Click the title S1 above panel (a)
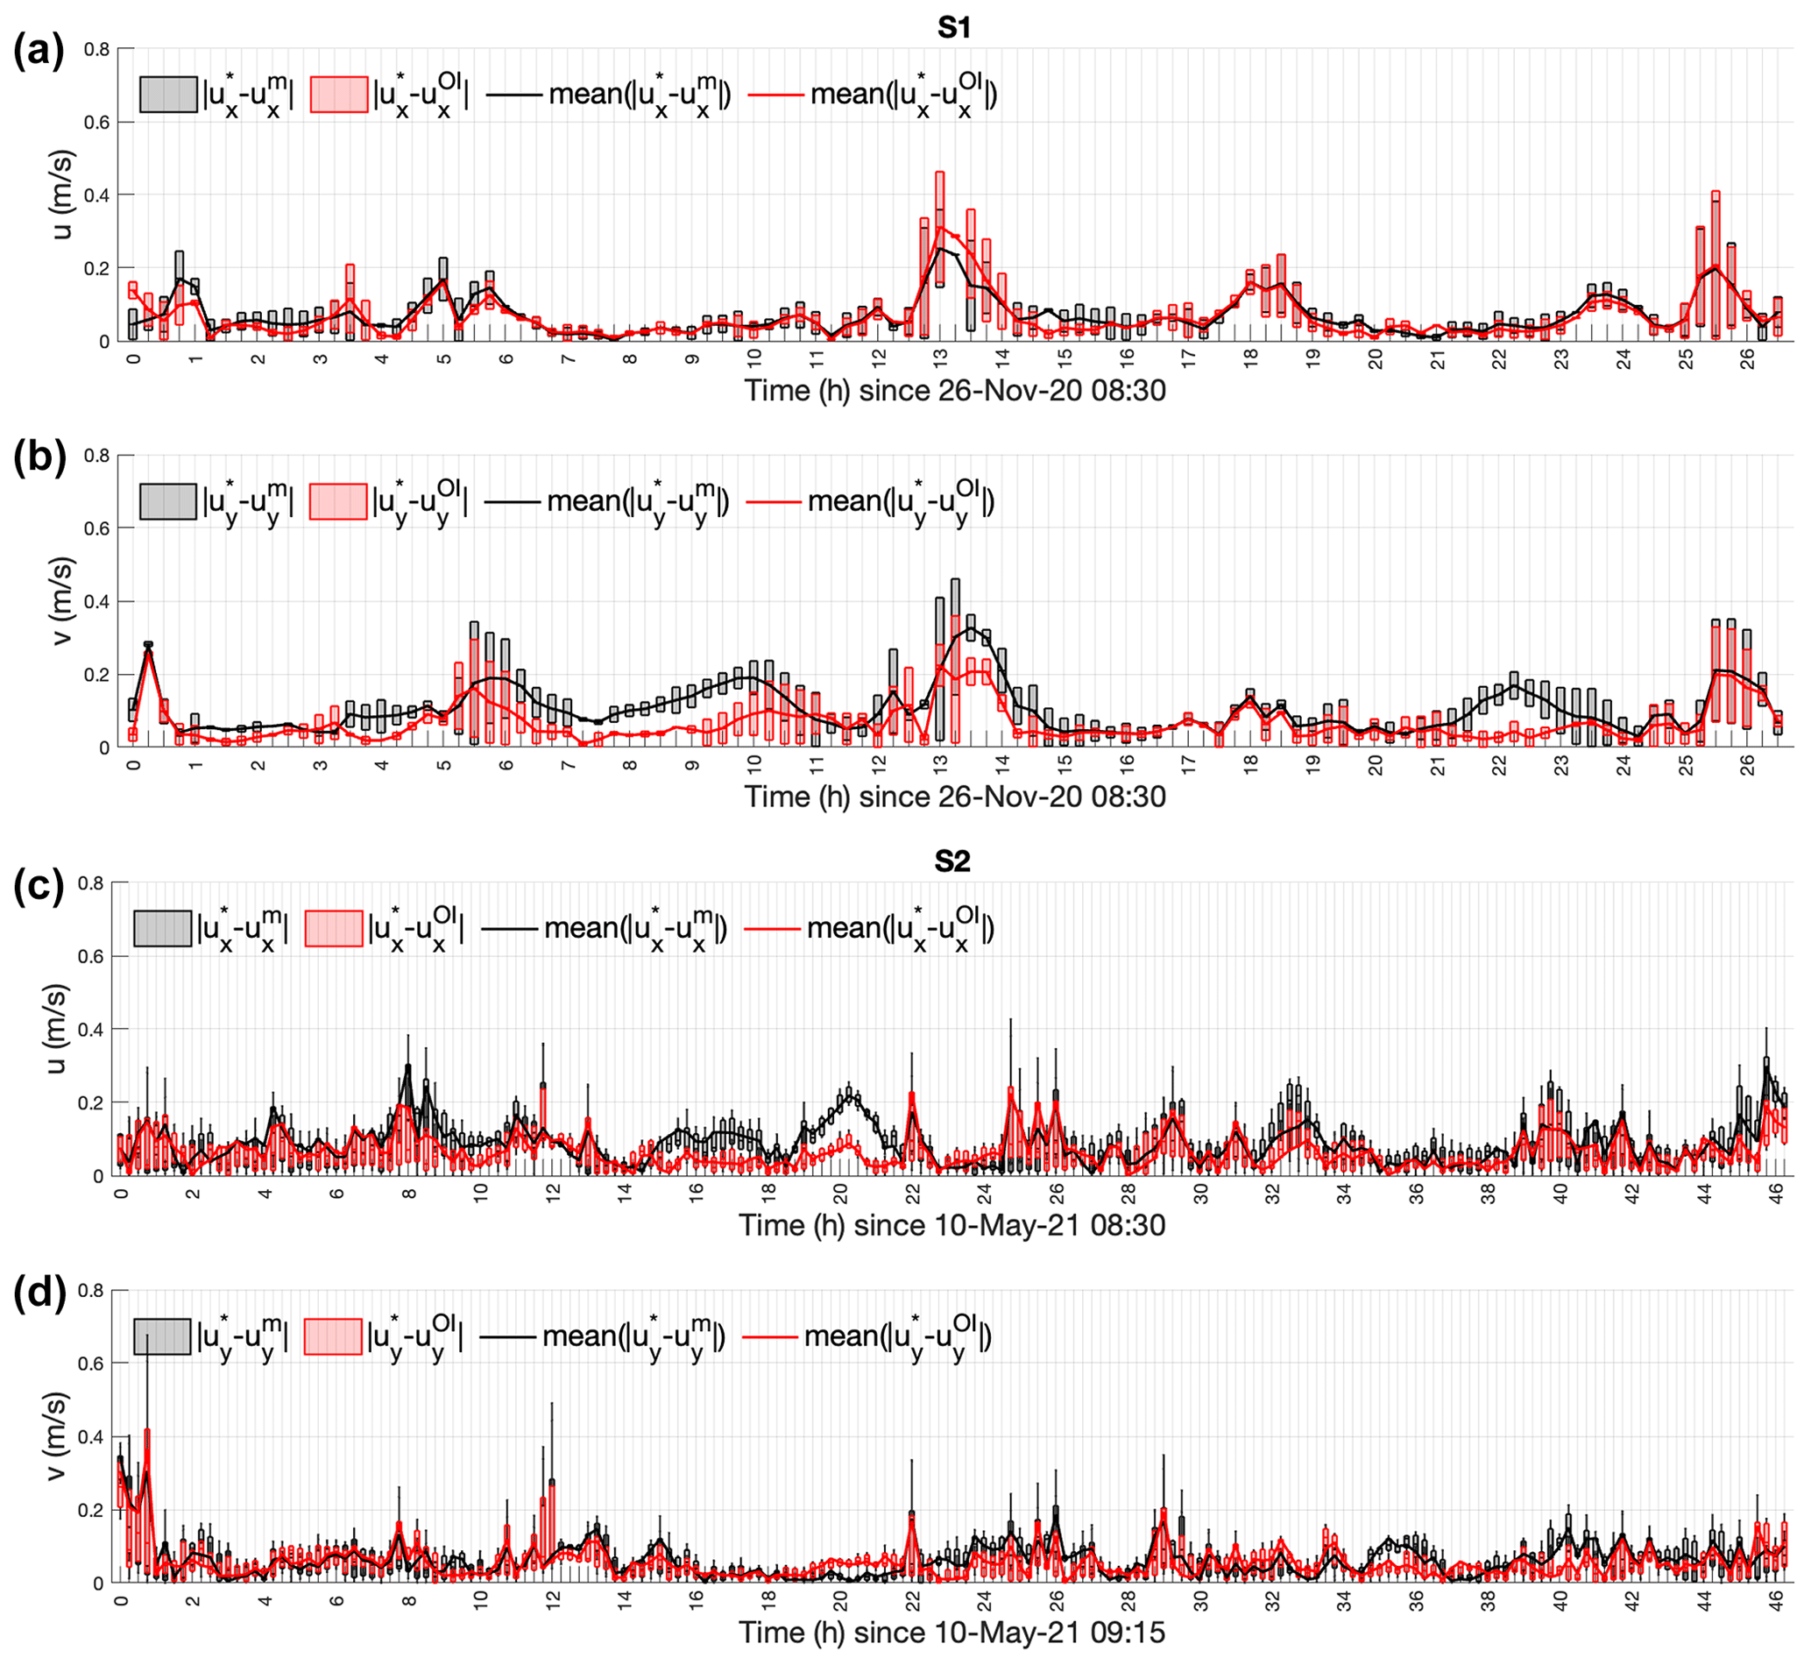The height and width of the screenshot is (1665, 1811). (x=953, y=28)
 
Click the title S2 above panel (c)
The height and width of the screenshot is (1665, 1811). (x=951, y=861)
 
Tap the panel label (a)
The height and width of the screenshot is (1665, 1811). (x=39, y=51)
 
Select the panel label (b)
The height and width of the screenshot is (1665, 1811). (x=39, y=457)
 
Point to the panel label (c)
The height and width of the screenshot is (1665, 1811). (x=39, y=886)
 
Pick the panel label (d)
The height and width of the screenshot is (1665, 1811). (x=39, y=1293)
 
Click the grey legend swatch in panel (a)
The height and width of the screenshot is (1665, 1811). (x=168, y=94)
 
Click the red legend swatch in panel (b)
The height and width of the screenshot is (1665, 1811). (x=338, y=501)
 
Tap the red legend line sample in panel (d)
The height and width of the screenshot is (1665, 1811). (x=770, y=1336)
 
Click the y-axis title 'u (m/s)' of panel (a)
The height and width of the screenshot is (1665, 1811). (x=61, y=195)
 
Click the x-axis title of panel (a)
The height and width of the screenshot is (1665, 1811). (x=954, y=391)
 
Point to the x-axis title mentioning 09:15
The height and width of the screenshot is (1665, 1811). (x=951, y=1632)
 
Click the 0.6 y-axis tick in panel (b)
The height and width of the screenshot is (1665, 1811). (x=96, y=529)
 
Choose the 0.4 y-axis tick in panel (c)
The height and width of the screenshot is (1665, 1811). (x=91, y=1029)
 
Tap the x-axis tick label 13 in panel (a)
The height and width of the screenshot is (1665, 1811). (x=941, y=358)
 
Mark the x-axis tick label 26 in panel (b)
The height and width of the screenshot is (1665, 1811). (x=1747, y=764)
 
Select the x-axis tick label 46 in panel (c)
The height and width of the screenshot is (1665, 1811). (x=1776, y=1193)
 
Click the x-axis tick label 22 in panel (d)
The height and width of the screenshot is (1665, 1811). (x=913, y=1600)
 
